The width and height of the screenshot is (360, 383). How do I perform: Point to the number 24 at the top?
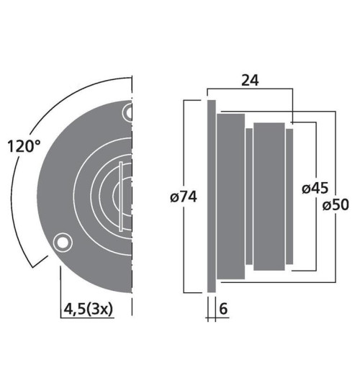[x=250, y=81]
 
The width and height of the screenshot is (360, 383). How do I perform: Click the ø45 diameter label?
[x=315, y=189]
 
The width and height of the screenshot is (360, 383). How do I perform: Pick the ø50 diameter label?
[x=336, y=204]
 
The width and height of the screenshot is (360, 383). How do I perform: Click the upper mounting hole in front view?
[x=128, y=112]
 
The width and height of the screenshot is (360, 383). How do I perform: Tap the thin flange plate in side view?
[x=211, y=196]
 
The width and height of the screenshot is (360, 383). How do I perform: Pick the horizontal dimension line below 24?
[x=250, y=90]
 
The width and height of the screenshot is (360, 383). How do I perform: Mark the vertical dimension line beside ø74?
[x=186, y=144]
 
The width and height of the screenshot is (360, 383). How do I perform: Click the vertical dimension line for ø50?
[x=336, y=158]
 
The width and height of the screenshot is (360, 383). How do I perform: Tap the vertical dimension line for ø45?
[x=315, y=151]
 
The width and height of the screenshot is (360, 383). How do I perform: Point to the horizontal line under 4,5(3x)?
[x=94, y=317]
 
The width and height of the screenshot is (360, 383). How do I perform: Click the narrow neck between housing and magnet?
[x=248, y=195]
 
